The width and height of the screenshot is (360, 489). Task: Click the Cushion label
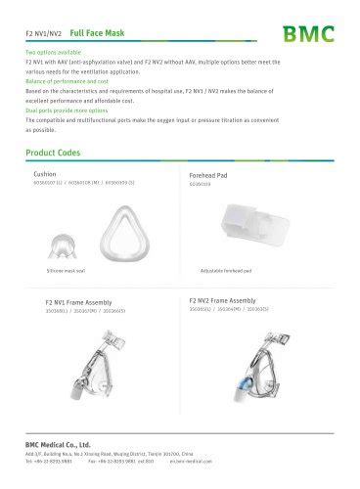pyautogui.click(x=45, y=173)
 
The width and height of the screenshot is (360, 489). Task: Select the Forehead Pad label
pyautogui.click(x=207, y=176)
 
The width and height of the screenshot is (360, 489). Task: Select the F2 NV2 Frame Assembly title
pyautogui.click(x=222, y=300)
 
